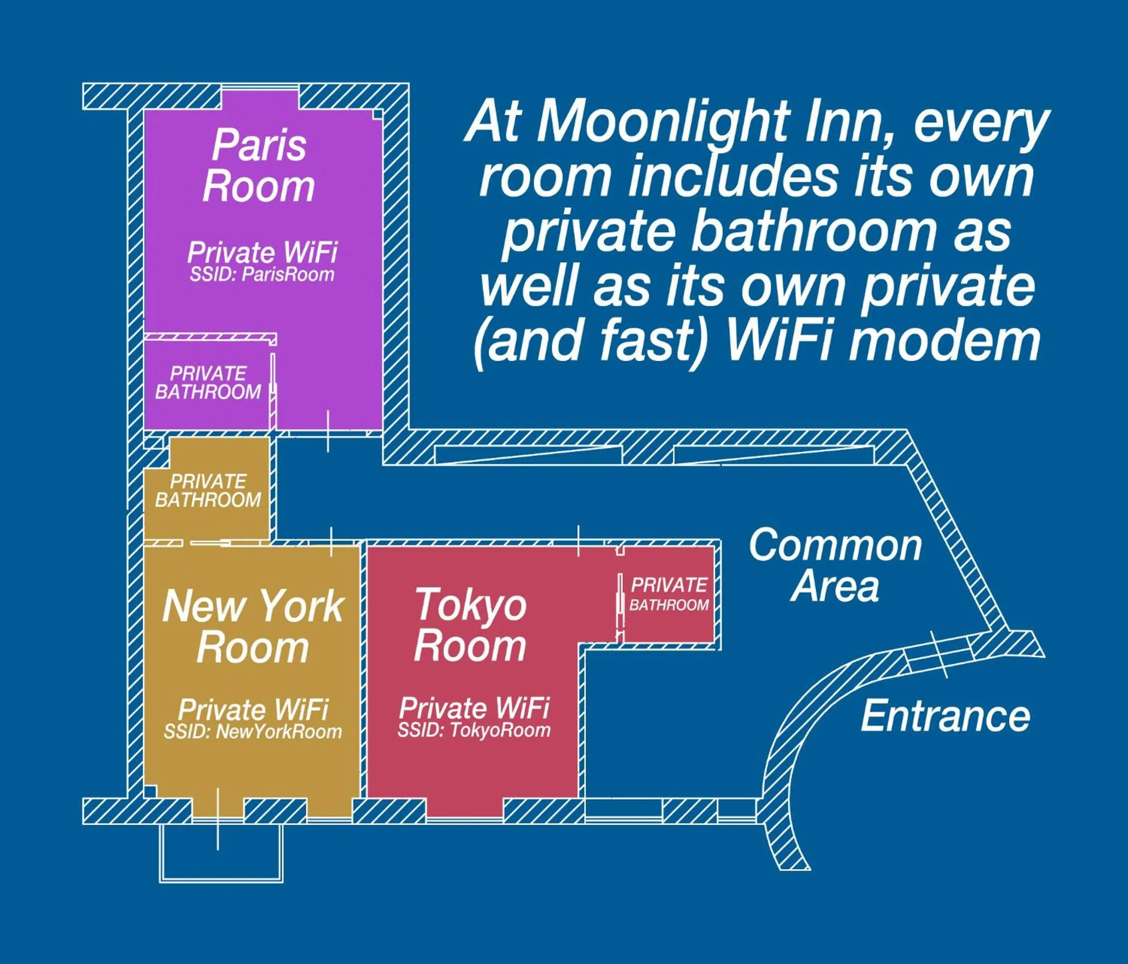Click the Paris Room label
(x=259, y=166)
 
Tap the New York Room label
(x=253, y=626)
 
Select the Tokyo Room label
(x=470, y=625)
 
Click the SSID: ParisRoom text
(x=262, y=274)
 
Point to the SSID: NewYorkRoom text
(x=253, y=732)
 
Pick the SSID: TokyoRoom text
(x=474, y=730)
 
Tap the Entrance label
(x=945, y=716)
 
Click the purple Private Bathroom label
(x=208, y=383)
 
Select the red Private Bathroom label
(x=669, y=594)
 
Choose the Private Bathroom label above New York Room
(x=208, y=491)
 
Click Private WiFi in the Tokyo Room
(x=474, y=708)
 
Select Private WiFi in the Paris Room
(x=262, y=253)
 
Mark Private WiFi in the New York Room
(x=253, y=710)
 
